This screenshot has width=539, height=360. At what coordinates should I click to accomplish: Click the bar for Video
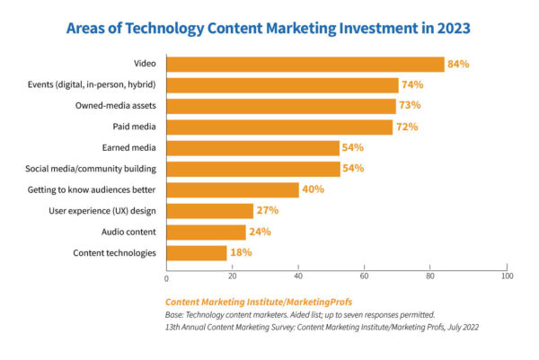pos(305,64)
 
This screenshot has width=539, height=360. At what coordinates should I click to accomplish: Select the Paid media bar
pos(279,127)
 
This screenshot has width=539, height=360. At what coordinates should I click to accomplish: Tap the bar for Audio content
pos(206,232)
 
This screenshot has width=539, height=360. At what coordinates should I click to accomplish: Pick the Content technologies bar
pos(196,252)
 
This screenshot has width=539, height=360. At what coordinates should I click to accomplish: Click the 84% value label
pos(459,64)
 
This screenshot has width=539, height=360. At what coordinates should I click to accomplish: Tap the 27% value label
pos(267,211)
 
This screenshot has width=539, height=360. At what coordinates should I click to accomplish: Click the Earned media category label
pos(128,148)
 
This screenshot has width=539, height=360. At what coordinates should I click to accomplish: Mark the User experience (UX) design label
pos(104,211)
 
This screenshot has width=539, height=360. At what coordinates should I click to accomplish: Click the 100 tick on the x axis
pos(508,277)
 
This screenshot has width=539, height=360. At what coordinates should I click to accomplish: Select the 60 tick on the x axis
pos(365,277)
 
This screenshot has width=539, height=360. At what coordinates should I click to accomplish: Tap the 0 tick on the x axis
pos(166,277)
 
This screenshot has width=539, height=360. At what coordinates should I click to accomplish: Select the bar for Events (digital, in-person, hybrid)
pos(282,85)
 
